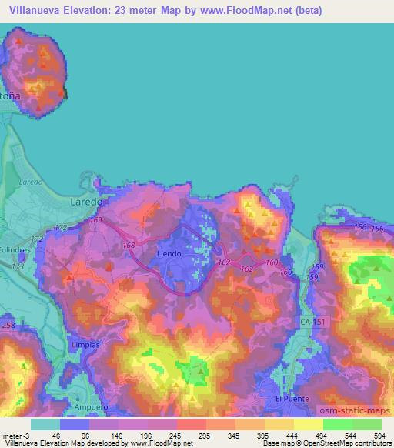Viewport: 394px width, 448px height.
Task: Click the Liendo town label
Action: pyautogui.click(x=169, y=253)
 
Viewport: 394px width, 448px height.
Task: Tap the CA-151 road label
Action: pyautogui.click(x=313, y=322)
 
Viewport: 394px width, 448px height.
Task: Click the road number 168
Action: pyautogui.click(x=129, y=246)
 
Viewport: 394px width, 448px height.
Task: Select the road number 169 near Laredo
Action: pyautogui.click(x=95, y=221)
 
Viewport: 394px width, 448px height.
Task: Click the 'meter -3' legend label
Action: pyautogui.click(x=16, y=435)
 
